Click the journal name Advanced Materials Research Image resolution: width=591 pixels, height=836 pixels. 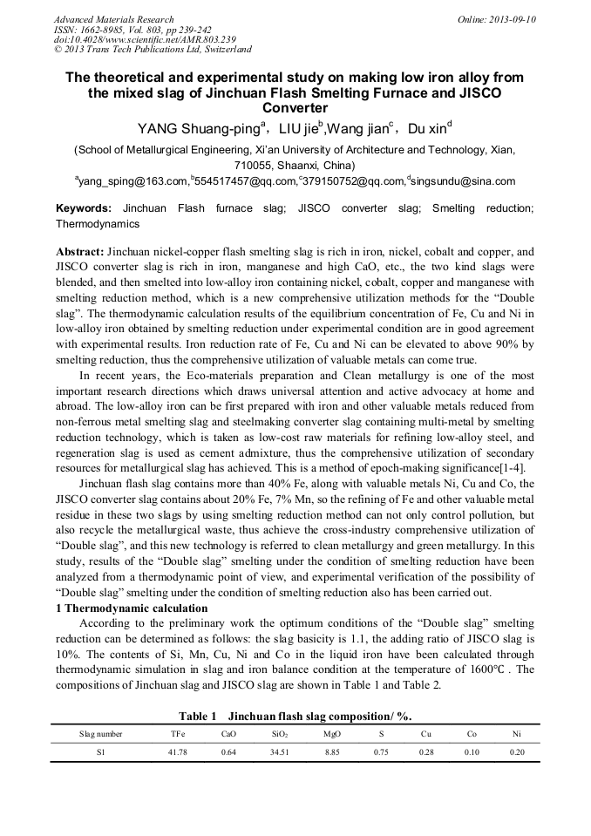click(113, 19)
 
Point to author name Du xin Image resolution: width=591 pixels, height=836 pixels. click(426, 130)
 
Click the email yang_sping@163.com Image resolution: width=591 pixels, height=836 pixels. click(132, 181)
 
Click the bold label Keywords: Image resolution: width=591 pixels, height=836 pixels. click(84, 209)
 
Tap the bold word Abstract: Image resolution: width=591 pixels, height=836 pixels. click(80, 251)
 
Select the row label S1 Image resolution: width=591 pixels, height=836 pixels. click(100, 752)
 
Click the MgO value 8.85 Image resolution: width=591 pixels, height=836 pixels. click(331, 752)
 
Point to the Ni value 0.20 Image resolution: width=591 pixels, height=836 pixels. click(517, 752)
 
